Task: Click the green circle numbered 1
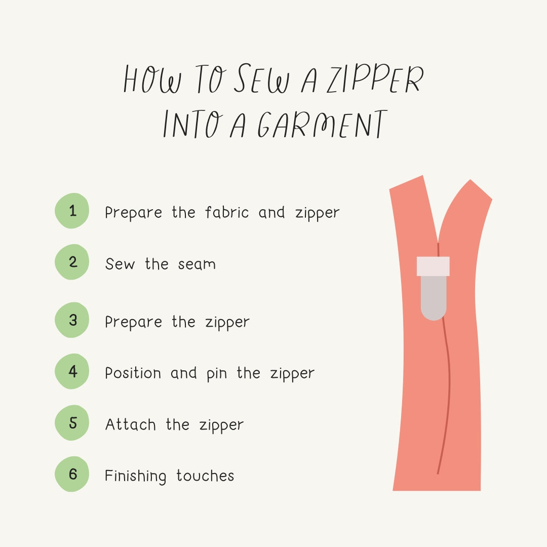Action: [72, 211]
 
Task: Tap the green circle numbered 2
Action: [72, 262]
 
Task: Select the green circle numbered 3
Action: [72, 320]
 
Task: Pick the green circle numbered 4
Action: [72, 371]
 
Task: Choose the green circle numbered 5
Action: [72, 422]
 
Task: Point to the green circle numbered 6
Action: [72, 474]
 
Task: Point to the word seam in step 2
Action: [197, 264]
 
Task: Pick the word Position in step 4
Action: [133, 373]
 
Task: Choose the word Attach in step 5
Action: [130, 424]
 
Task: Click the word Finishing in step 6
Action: [135, 477]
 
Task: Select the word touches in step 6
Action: [205, 476]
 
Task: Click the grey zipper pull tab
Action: [434, 298]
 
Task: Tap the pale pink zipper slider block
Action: [433, 266]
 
